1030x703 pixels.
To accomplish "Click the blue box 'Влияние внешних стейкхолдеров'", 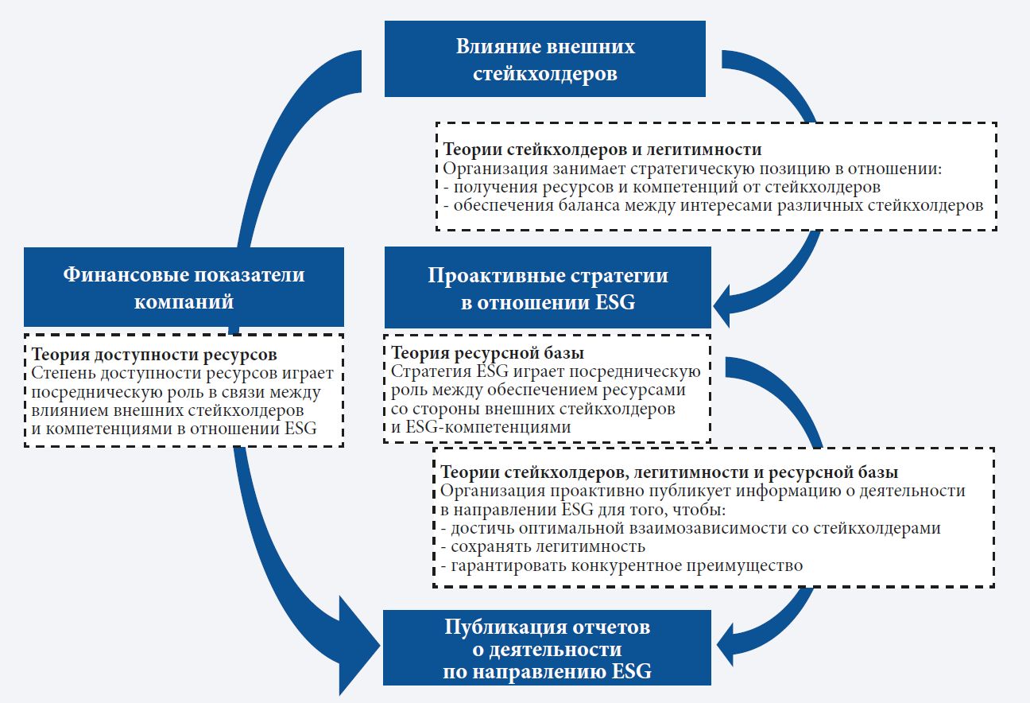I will [x=545, y=59].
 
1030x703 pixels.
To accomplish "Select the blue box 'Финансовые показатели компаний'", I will [x=184, y=287].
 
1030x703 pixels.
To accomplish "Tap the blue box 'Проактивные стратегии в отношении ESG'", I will [x=548, y=288].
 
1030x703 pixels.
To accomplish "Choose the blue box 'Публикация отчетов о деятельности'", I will [x=547, y=649].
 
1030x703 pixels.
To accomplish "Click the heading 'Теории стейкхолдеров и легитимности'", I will [x=602, y=150].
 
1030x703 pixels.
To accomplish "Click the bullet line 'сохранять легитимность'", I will [x=548, y=547].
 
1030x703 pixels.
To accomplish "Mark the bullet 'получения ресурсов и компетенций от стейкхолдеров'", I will [x=666, y=188].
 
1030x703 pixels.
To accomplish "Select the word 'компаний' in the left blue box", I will [x=184, y=301].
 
